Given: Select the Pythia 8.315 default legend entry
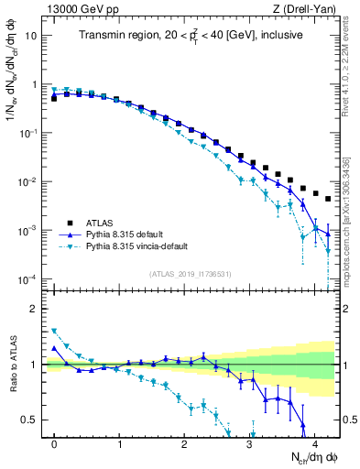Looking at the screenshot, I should (127, 234).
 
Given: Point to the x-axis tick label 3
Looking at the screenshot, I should (249, 444).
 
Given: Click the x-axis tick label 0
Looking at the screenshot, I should (54, 444).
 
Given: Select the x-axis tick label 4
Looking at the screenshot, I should (314, 444).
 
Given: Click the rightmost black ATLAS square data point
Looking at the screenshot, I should (327, 199).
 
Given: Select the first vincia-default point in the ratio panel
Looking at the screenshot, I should (54, 331).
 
